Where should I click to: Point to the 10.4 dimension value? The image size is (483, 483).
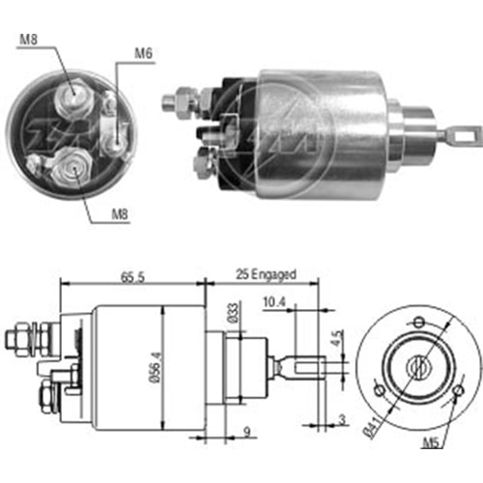click(x=275, y=303)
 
